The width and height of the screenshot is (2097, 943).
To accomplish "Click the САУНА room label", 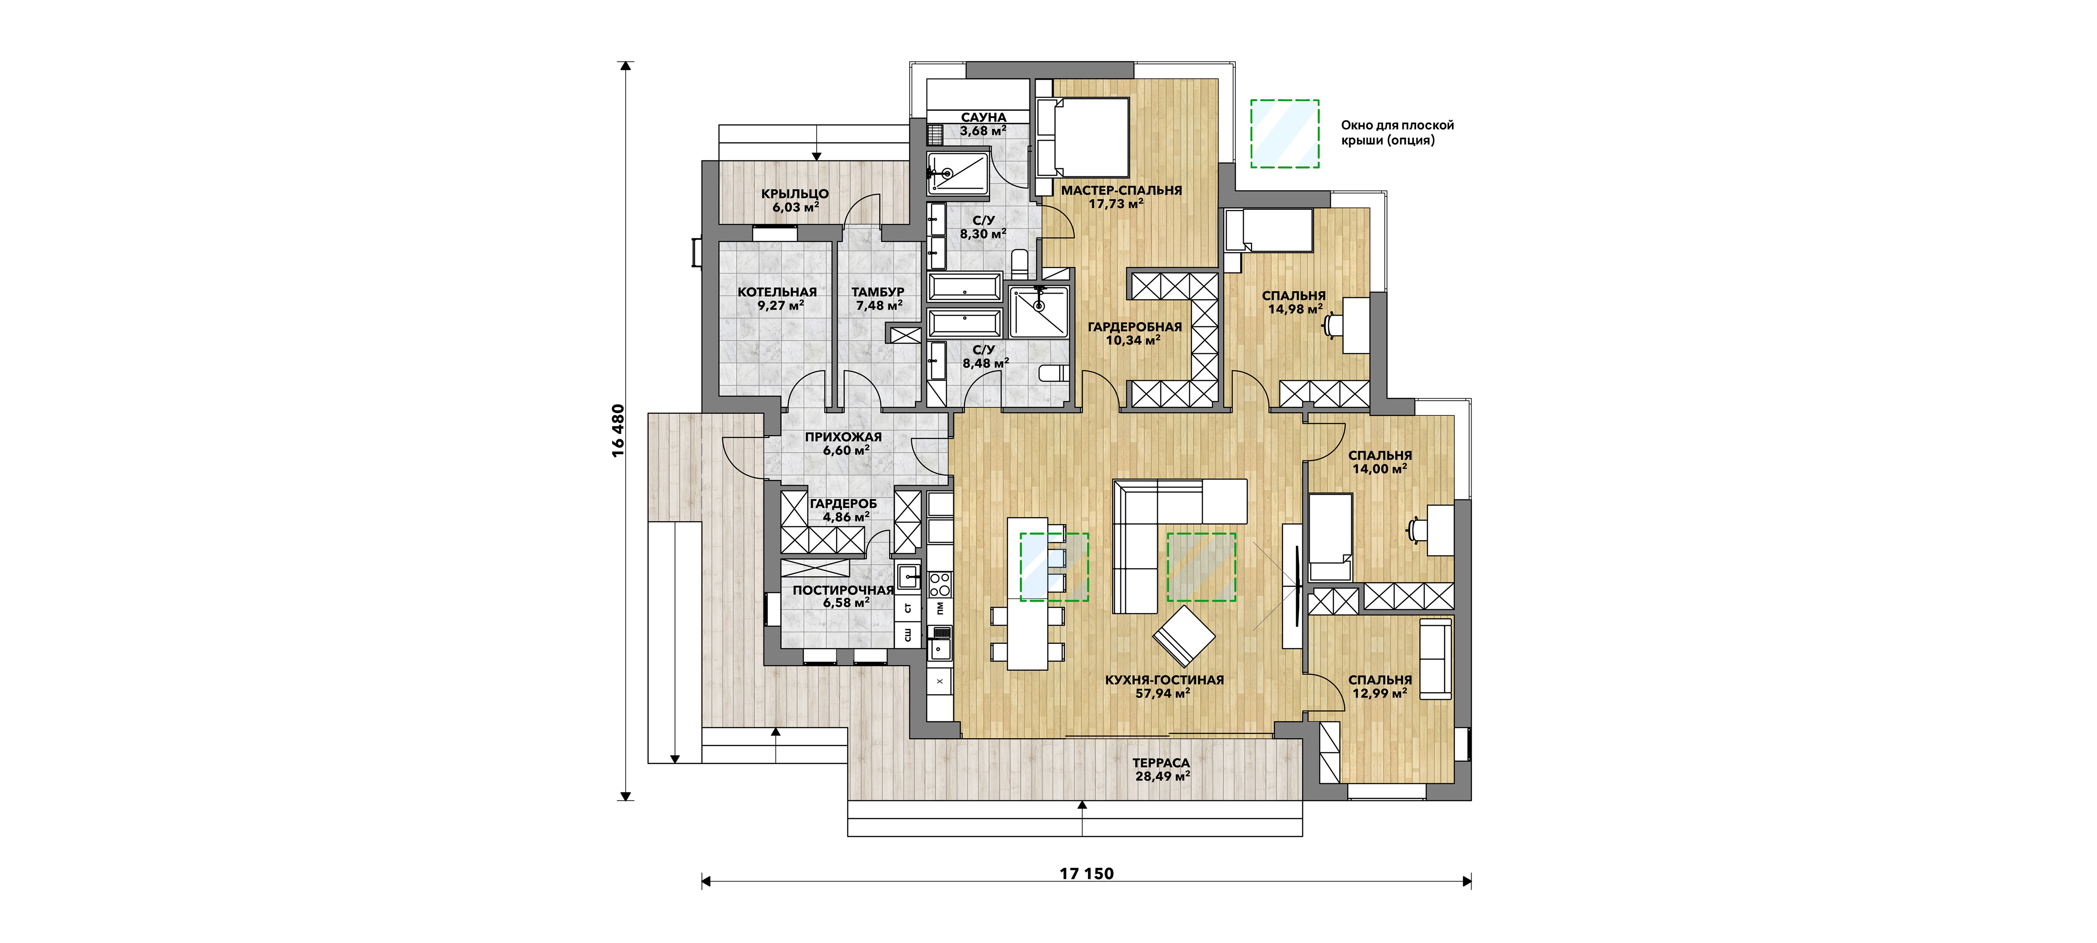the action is click(983, 117).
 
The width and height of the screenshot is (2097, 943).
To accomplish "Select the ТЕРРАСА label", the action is click(1161, 763).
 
